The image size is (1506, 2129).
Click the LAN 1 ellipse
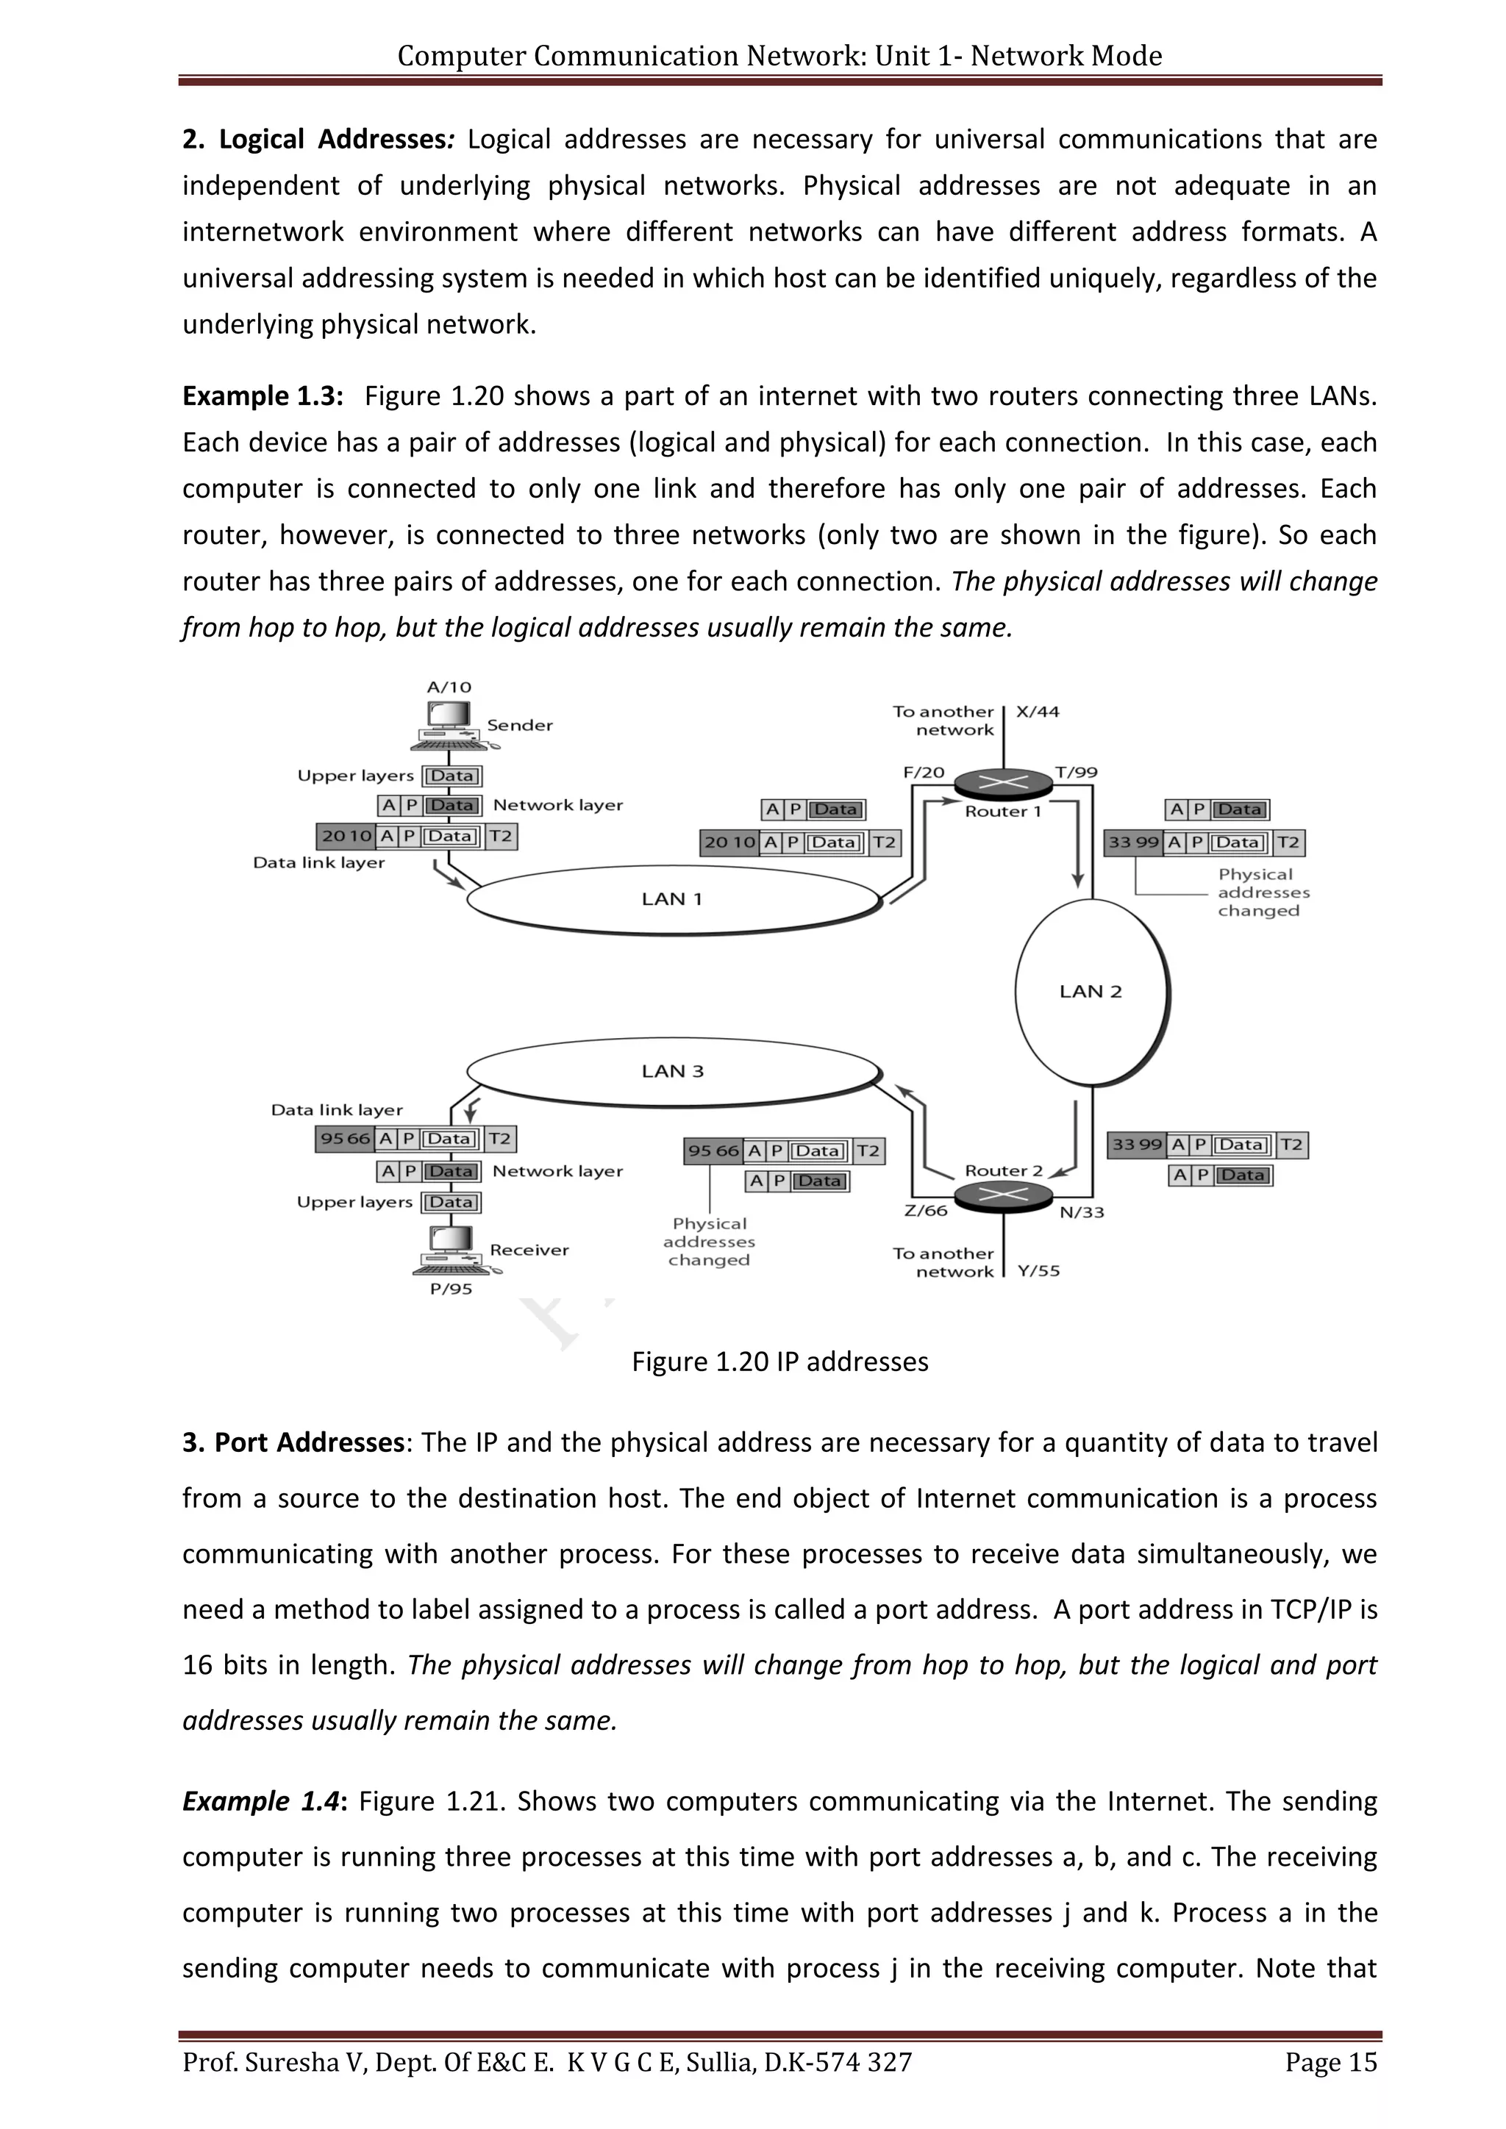pos(672,898)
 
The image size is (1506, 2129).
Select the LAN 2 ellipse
pos(1091,991)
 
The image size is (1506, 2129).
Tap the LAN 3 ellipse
pos(672,1071)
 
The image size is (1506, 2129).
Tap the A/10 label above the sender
pos(449,687)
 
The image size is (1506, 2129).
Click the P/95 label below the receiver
pos(452,1289)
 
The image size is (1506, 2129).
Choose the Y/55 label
pos(1038,1270)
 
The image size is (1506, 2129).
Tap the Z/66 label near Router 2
pos(926,1210)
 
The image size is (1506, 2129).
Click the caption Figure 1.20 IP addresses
pos(780,1362)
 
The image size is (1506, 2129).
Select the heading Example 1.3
pos(263,396)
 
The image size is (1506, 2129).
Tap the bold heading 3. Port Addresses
pos(293,1443)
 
